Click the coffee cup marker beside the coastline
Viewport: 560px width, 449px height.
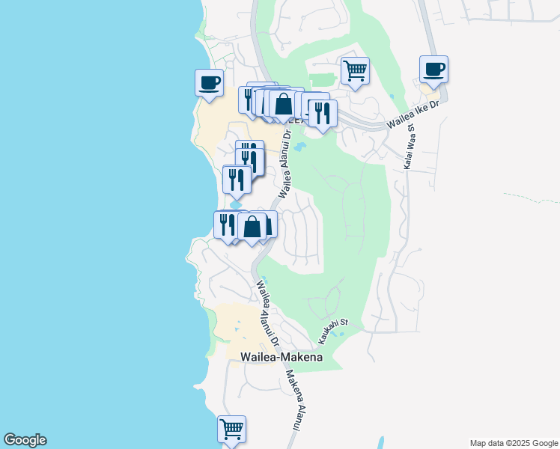point(209,82)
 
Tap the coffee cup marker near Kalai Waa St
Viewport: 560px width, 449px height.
point(433,70)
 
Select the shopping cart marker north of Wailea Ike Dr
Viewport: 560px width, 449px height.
point(355,71)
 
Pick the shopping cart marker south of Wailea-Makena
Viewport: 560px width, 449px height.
point(232,430)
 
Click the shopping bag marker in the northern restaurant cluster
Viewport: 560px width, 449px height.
point(284,104)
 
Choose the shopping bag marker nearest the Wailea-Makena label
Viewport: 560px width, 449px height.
point(252,226)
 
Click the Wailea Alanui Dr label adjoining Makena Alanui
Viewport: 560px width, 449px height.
point(268,313)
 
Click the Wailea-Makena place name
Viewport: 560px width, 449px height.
point(281,358)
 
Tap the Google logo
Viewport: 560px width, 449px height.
point(25,440)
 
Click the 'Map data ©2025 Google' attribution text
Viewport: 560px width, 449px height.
point(513,443)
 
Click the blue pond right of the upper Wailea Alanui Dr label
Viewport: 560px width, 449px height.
point(300,147)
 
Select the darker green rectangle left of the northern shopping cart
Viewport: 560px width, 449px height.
point(321,79)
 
